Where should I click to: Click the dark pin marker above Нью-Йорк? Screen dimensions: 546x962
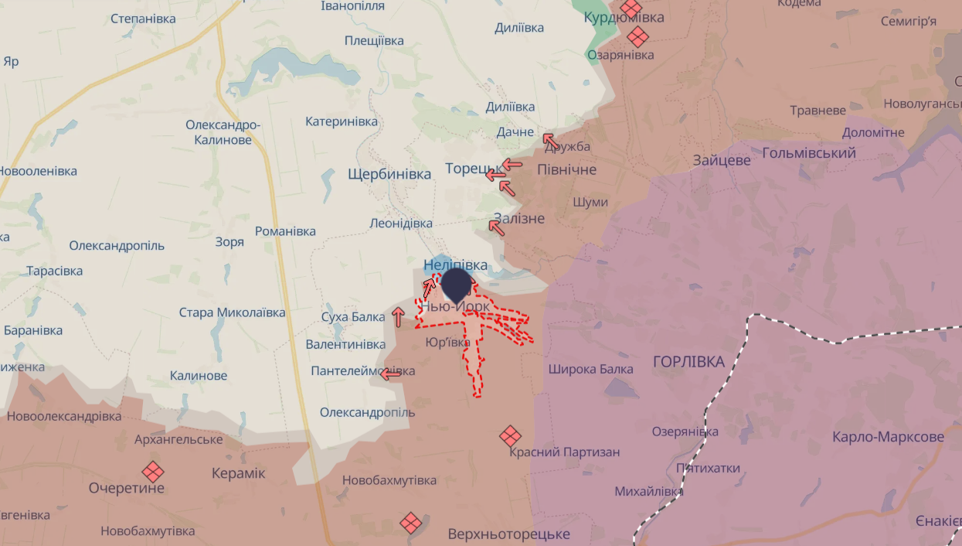[x=457, y=284]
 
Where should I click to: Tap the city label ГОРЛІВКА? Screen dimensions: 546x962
[x=688, y=362]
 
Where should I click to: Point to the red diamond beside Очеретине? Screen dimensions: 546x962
[x=153, y=471]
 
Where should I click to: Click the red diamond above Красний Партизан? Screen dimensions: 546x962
[x=510, y=435]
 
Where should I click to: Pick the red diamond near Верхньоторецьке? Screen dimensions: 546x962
[x=411, y=523]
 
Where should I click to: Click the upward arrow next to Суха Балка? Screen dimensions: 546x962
[x=398, y=316]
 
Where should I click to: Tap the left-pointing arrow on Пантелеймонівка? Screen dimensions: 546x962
[x=391, y=374]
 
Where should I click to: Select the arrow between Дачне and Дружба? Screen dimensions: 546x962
[x=550, y=141]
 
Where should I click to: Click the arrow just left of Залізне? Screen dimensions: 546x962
[x=496, y=227]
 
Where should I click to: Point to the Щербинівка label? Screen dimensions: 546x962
[x=389, y=174]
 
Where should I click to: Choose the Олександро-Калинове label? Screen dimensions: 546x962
[x=223, y=132]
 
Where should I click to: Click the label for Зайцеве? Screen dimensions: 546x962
[x=722, y=161]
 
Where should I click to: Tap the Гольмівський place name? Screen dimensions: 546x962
[x=809, y=153]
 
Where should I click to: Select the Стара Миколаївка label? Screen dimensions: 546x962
[x=232, y=312]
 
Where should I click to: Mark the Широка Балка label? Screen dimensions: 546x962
[x=590, y=369]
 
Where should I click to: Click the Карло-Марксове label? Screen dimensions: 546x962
[x=888, y=437]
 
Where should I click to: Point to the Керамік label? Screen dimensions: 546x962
[x=238, y=473]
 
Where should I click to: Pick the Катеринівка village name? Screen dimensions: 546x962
[x=342, y=121]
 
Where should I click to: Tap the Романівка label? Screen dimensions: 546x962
[x=285, y=231]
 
